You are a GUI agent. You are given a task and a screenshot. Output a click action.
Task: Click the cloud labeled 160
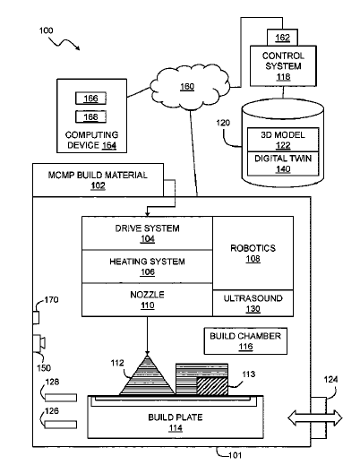189,86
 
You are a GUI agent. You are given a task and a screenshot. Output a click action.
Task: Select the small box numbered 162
282,38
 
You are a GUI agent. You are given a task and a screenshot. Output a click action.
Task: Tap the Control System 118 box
283,66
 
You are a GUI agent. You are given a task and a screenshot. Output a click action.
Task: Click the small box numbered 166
90,99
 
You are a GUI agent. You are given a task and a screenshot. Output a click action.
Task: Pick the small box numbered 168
90,116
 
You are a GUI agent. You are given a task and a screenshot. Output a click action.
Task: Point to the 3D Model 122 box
283,140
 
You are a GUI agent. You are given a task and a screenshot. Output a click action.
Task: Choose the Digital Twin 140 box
283,164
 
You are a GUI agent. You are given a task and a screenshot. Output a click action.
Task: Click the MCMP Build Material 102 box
98,180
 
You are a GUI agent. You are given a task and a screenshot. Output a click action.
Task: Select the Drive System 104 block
147,233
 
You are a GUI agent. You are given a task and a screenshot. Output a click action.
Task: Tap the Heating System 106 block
147,266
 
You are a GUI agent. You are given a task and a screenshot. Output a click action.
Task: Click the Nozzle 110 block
147,299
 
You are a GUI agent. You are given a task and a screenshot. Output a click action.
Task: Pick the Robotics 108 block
253,254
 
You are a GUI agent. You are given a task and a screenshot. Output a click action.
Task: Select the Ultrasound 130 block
253,303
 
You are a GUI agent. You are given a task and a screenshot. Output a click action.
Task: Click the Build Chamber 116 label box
245,341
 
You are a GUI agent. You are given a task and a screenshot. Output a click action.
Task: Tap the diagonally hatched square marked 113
212,386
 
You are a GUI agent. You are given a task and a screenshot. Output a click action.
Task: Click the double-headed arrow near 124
315,418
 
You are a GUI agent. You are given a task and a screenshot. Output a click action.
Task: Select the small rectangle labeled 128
61,398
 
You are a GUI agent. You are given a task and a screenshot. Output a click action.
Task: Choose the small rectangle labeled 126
61,425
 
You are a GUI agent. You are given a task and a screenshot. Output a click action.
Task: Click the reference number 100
47,30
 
